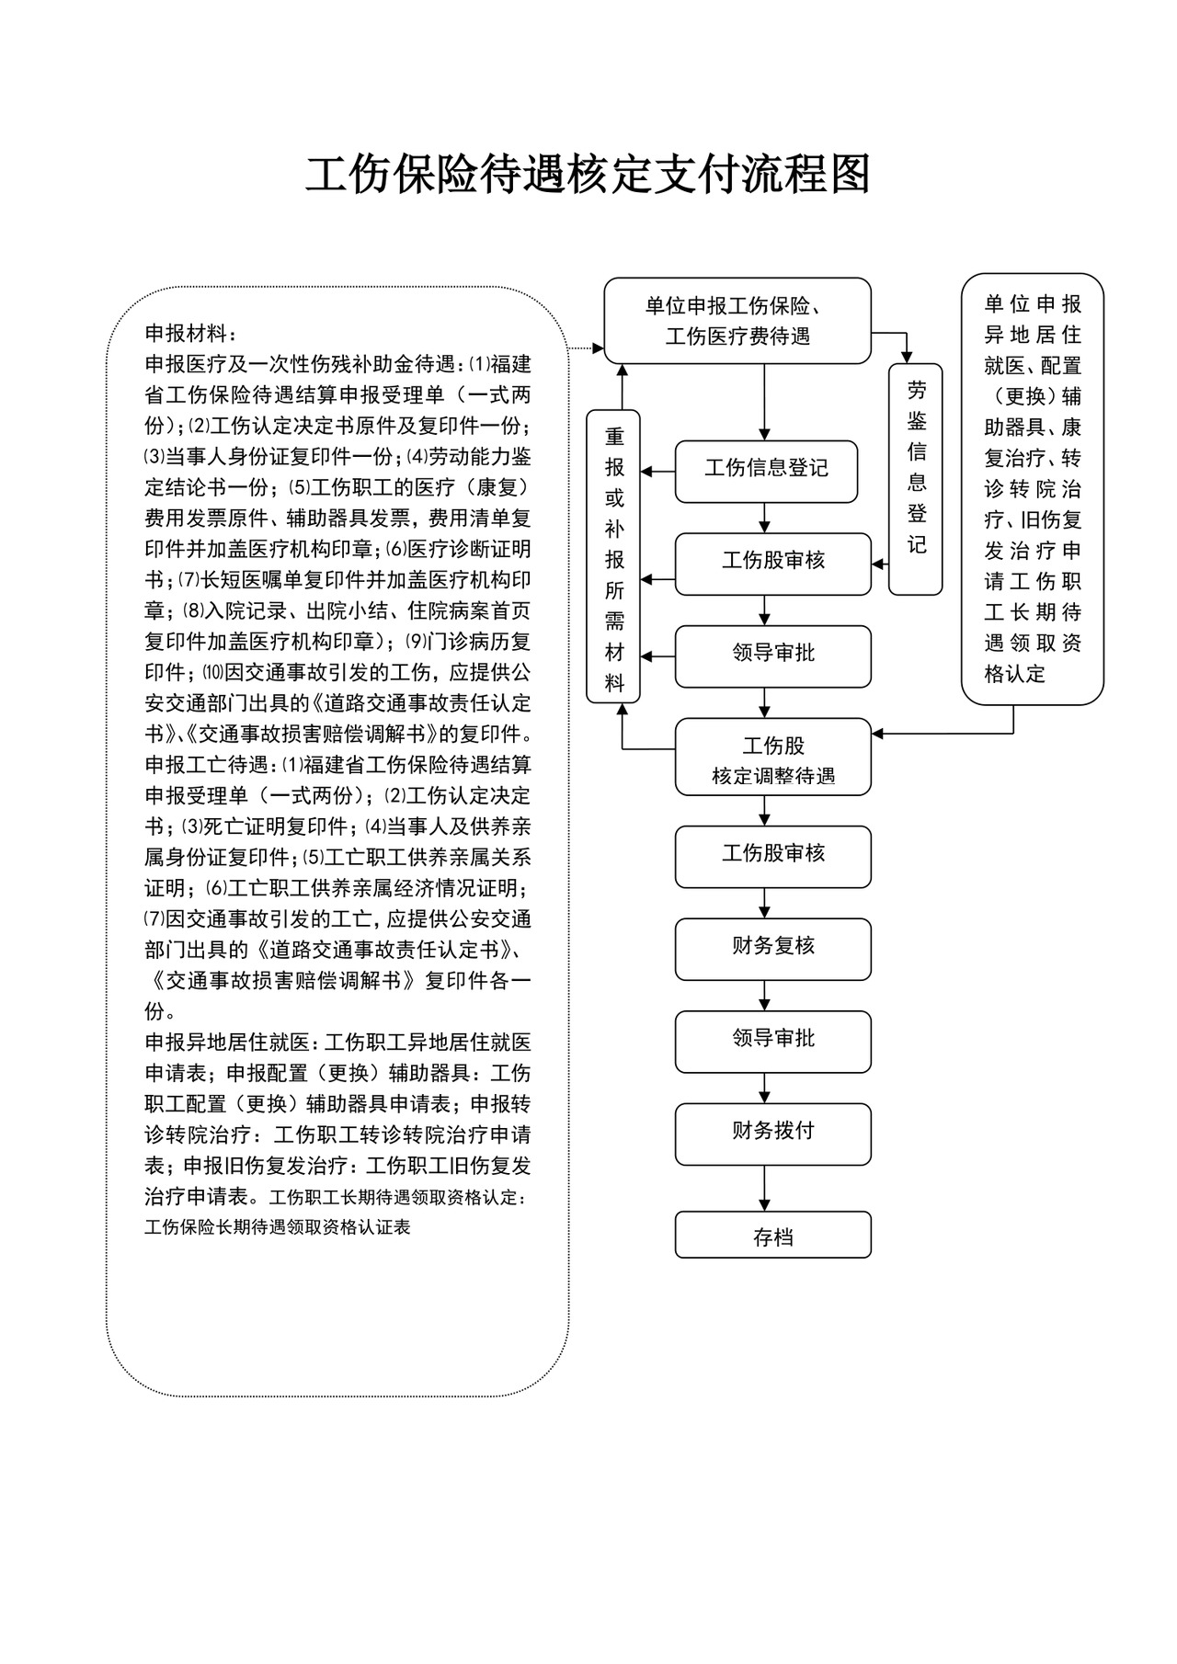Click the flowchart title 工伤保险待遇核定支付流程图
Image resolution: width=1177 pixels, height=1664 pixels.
point(588,174)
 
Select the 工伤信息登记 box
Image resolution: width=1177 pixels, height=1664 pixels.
point(766,471)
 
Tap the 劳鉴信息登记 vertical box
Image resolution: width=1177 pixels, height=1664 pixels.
point(916,478)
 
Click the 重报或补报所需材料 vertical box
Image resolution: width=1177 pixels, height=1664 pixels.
point(613,556)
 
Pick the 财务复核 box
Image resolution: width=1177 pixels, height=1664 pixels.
point(772,948)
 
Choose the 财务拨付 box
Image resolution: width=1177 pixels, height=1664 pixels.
point(772,1133)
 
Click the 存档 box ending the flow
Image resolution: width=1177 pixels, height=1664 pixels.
point(772,1235)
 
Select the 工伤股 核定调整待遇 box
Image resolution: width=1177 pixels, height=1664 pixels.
point(772,757)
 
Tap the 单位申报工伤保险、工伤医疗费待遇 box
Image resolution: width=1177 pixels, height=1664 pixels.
point(737,321)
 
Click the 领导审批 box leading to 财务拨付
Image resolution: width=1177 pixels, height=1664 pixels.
point(772,1041)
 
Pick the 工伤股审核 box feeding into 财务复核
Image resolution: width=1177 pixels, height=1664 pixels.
point(772,856)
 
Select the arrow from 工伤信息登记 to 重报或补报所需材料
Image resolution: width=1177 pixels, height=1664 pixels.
point(657,472)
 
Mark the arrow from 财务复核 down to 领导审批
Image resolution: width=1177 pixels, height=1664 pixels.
point(764,996)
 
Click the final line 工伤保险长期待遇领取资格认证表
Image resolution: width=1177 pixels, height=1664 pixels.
point(277,1227)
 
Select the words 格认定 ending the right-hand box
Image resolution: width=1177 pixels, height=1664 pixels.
point(1014,674)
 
